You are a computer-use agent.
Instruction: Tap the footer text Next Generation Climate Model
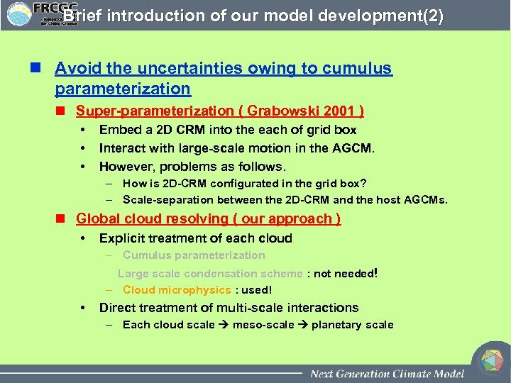tap(387, 374)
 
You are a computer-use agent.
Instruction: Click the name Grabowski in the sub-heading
tap(280, 111)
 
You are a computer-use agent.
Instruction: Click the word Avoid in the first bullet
tap(74, 69)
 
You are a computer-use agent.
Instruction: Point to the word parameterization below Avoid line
tap(123, 89)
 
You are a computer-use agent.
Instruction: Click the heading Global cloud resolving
tap(155, 218)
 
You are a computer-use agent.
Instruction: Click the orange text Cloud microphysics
tap(177, 290)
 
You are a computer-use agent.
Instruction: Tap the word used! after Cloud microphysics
tap(258, 290)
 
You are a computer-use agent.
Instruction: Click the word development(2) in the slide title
tap(389, 16)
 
